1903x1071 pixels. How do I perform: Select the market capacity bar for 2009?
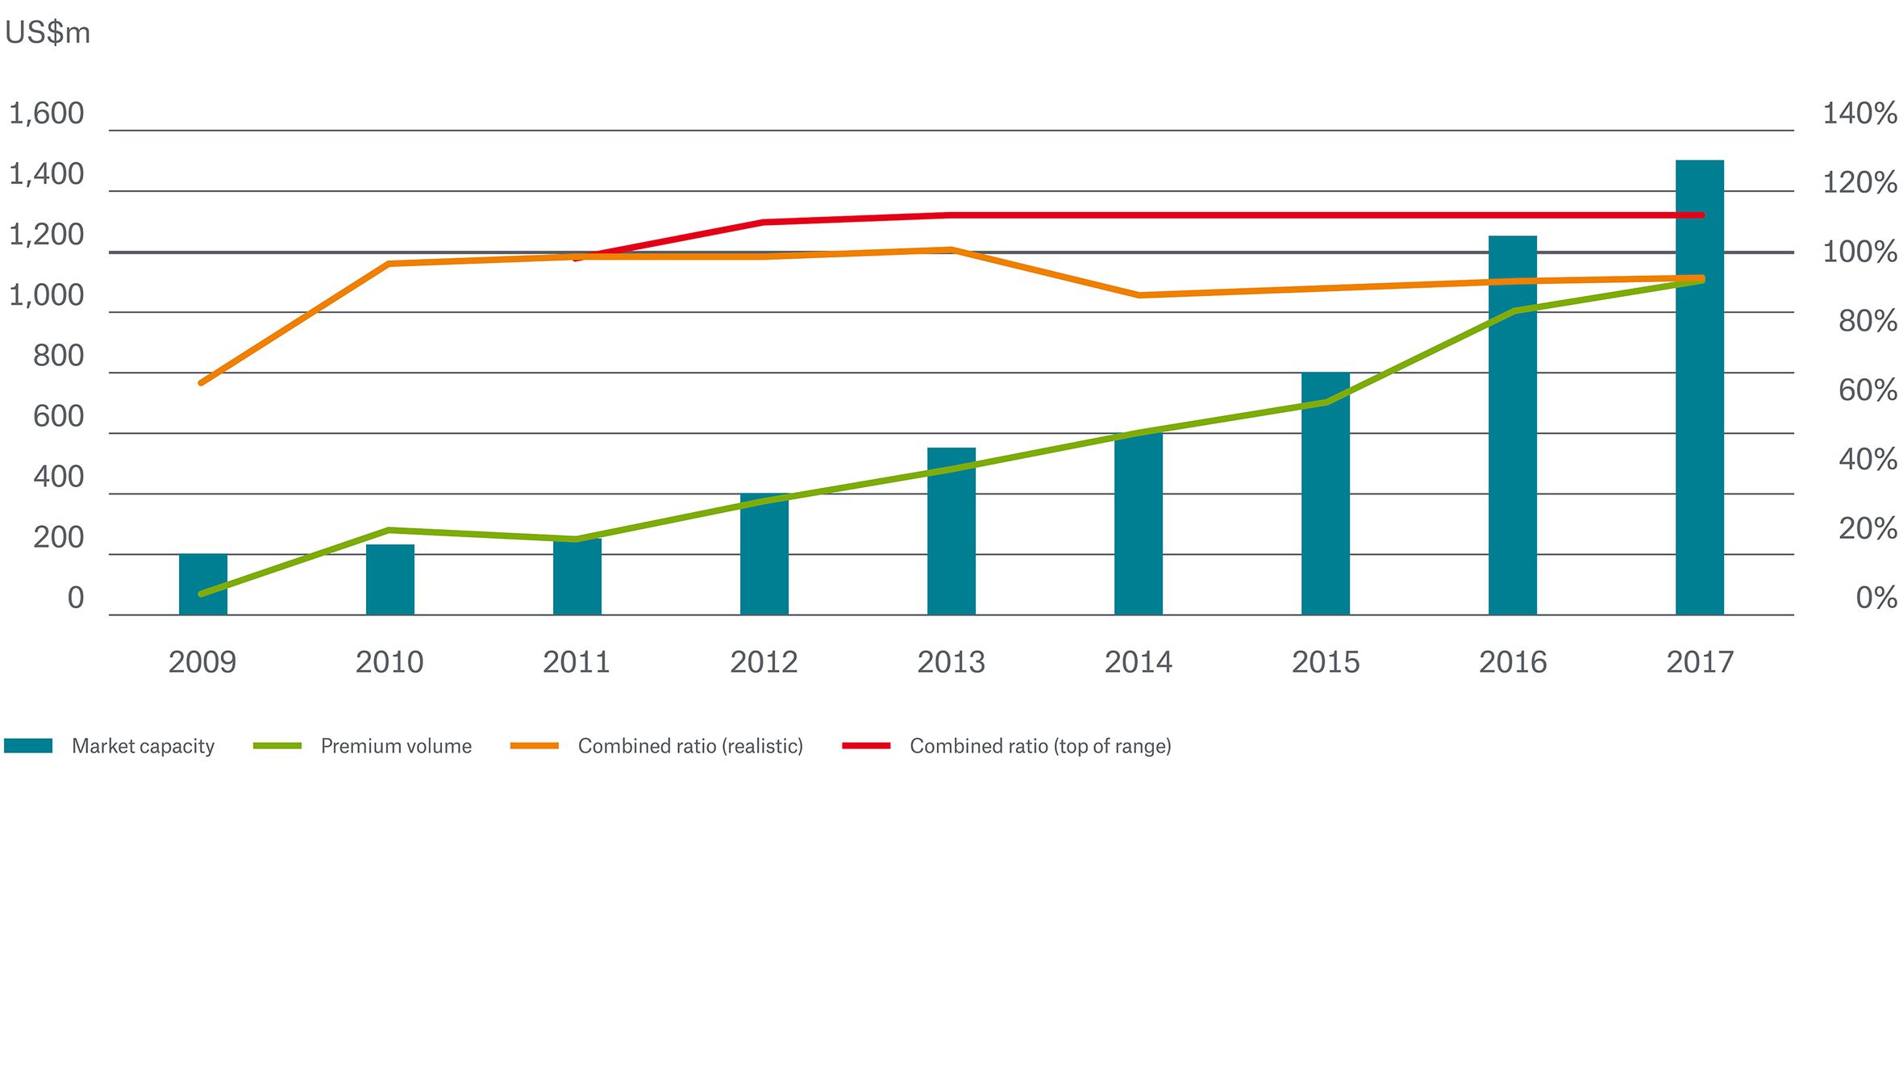click(x=203, y=585)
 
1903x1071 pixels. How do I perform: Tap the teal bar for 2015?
click(x=1325, y=508)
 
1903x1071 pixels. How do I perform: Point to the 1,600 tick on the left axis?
click(x=46, y=114)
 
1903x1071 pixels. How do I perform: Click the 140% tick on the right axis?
click(x=1859, y=114)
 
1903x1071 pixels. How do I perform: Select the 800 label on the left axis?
click(x=58, y=356)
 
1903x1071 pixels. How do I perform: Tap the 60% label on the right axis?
click(x=1867, y=390)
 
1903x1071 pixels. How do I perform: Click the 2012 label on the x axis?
click(x=764, y=662)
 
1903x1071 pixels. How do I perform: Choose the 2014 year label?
click(x=1138, y=662)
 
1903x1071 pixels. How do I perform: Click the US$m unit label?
click(x=48, y=33)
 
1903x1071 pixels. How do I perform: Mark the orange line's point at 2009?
click(x=202, y=382)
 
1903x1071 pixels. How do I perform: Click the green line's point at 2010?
click(x=389, y=531)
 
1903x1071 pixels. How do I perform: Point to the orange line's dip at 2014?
click(x=1139, y=295)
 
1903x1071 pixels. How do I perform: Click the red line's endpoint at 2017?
click(x=1701, y=215)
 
